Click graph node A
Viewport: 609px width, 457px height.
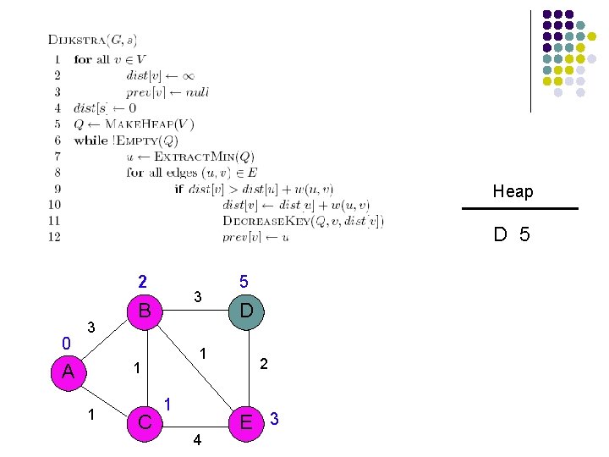[x=68, y=372]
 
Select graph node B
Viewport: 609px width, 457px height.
[x=144, y=311]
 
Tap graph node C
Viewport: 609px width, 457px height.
[x=144, y=421]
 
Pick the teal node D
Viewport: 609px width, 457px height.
[x=246, y=311]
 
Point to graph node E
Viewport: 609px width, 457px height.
[x=246, y=421]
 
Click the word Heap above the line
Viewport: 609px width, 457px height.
[x=513, y=191]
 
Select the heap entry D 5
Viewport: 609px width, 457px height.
[x=513, y=234]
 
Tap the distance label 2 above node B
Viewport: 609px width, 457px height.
[x=143, y=282]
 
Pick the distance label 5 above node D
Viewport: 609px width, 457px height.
[x=244, y=282]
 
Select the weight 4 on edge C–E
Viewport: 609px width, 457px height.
[x=196, y=440]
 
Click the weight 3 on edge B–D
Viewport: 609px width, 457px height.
[x=197, y=297]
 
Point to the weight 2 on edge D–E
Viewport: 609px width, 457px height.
[x=264, y=364]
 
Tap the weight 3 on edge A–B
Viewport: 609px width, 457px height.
[x=92, y=327]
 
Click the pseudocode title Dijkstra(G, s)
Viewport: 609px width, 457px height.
[x=93, y=40]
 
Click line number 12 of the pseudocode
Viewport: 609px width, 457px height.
[x=54, y=237]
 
